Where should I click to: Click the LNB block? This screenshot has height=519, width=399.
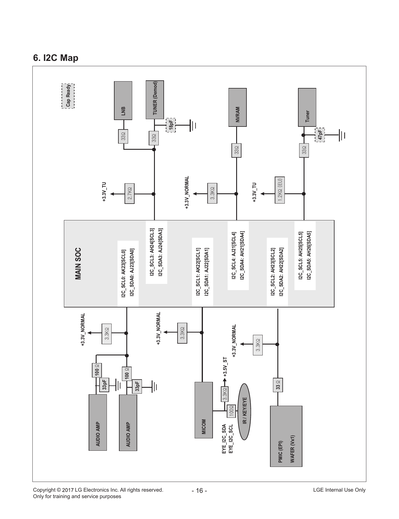coord(123,101)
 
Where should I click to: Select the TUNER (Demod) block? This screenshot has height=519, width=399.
coord(155,100)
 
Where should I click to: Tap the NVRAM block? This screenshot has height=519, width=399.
coord(238,107)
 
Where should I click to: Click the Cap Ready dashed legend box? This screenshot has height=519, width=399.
coord(68,96)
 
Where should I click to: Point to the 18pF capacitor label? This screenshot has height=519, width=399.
coord(171,125)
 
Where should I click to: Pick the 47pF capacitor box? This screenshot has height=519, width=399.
coord(320,135)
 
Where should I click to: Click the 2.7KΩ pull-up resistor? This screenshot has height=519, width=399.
coord(130,194)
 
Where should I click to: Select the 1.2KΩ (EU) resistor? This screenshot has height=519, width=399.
coord(280,190)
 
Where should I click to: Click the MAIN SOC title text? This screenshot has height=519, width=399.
coord(78,264)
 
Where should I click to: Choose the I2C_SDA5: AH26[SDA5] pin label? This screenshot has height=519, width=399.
coord(309,255)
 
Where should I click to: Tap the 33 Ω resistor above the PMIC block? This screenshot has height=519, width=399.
coord(278,385)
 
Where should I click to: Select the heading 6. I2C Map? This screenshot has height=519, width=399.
coord(56,58)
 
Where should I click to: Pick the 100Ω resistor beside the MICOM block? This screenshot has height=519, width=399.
coord(231,411)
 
